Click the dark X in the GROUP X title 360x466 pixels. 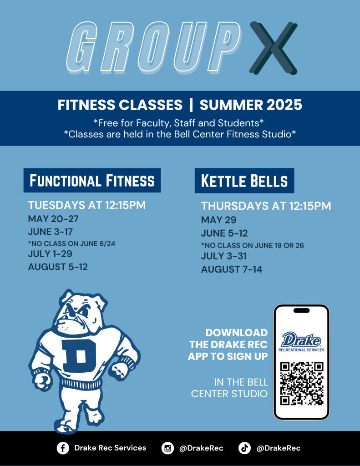pos(273,48)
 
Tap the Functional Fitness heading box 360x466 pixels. pos(92,180)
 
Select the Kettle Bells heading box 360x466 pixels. pos(244,181)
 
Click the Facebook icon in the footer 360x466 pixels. pos(63,448)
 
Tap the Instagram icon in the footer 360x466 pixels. pos(167,448)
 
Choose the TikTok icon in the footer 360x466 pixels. pos(244,448)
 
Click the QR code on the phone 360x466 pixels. pos(301,383)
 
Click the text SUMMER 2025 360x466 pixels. pos(251,105)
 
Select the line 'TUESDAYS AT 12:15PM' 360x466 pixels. pos(87,205)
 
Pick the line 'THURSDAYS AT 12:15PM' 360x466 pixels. pos(266,206)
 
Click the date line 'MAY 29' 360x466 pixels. pos(218,220)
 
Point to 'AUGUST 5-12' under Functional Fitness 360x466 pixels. pos(58,267)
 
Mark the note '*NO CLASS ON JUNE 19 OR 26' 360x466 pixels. pos(253,245)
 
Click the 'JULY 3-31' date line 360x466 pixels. pos(224,256)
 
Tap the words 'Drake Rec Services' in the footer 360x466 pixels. pos(110,448)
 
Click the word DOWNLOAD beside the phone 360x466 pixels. pos(237,333)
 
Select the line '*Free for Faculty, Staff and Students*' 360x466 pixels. pos(179,123)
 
